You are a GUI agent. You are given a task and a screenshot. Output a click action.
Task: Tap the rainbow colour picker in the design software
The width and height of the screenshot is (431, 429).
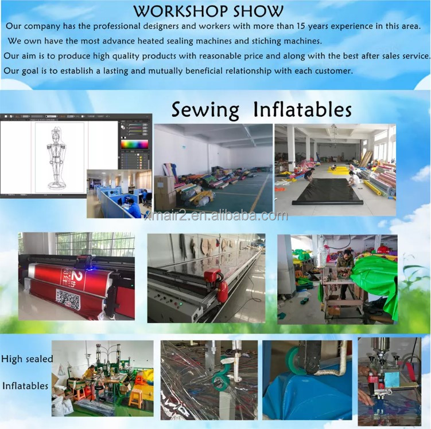click(134, 144)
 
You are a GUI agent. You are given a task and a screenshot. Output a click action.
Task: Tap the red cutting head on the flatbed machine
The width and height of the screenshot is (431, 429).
click(213, 277)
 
